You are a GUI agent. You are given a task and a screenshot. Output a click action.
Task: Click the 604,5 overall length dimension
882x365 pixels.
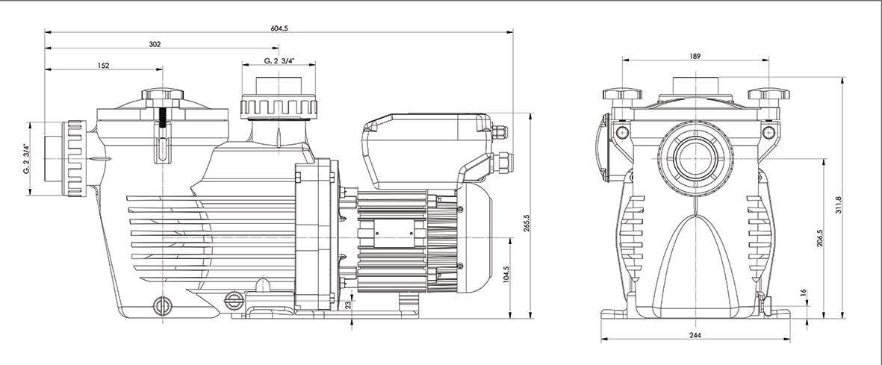279,28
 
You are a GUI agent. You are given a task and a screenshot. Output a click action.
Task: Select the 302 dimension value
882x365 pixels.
155,45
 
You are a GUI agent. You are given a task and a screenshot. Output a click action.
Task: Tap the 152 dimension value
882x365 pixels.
104,66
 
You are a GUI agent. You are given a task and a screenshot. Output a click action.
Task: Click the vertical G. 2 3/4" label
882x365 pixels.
25,158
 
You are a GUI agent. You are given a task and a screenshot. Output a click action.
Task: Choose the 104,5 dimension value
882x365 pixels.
507,275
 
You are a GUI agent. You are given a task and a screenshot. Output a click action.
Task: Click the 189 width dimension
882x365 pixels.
695,57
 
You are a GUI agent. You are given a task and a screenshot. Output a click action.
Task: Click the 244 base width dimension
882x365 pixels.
695,336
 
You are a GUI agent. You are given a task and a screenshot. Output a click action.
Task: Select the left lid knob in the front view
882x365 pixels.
621,95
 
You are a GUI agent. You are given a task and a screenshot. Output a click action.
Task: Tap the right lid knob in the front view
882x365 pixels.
768,95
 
